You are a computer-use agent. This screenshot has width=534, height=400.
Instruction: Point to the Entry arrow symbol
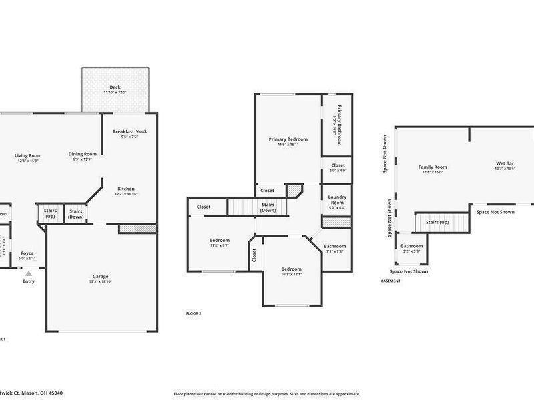28,271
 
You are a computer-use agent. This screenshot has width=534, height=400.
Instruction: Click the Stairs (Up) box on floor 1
50,214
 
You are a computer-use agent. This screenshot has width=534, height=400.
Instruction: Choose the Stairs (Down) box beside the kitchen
76,214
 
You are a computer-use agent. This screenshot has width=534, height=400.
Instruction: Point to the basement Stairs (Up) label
437,221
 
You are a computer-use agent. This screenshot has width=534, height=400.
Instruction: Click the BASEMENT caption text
390,281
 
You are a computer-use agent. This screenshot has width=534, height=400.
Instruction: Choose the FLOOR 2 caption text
193,313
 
